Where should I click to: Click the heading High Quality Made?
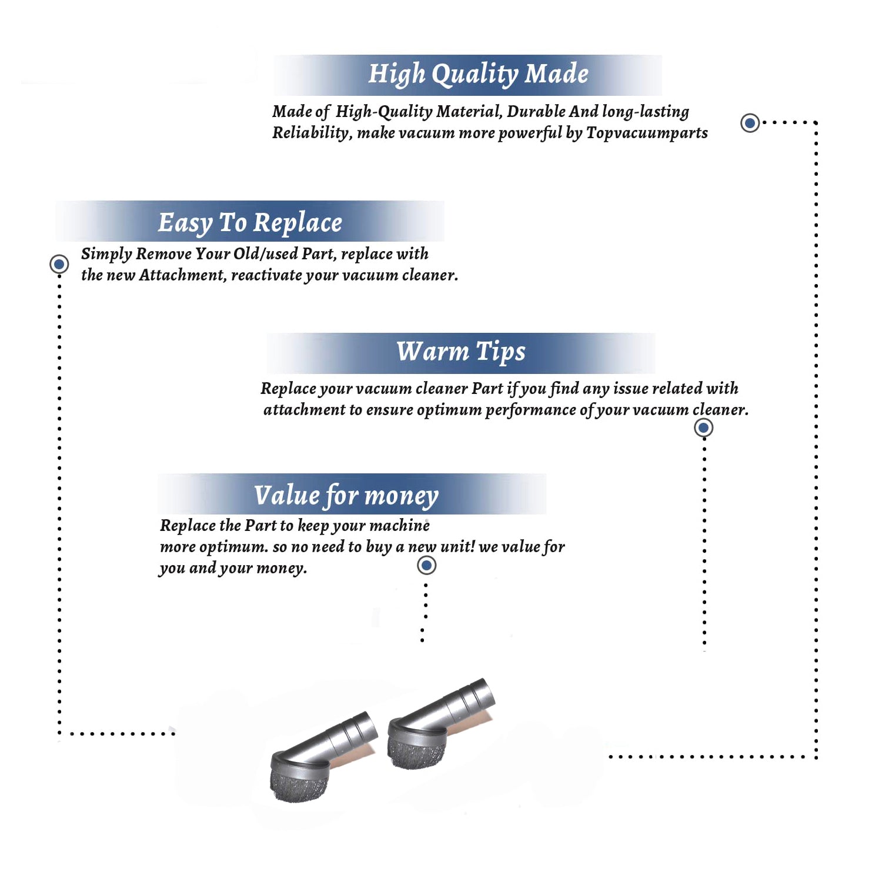pyautogui.click(x=478, y=75)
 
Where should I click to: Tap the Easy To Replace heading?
pyautogui.click(x=250, y=223)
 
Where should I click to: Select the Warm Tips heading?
pyautogui.click(x=460, y=352)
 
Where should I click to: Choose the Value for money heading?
pyautogui.click(x=346, y=495)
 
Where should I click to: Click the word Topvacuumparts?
pyautogui.click(x=647, y=133)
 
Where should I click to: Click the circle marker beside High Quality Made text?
pyautogui.click(x=750, y=123)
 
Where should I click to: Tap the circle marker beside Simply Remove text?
pyautogui.click(x=59, y=264)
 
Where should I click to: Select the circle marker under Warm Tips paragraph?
pyautogui.click(x=704, y=427)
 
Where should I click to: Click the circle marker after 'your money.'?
pyautogui.click(x=426, y=566)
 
